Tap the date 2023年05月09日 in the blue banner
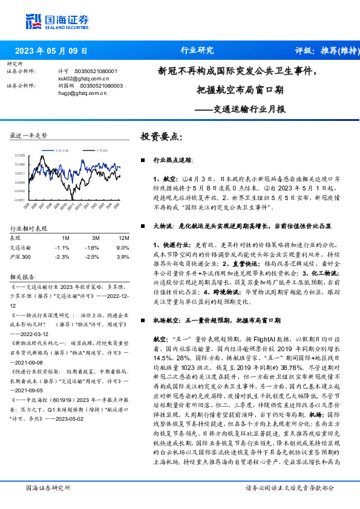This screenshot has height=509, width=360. (51, 51)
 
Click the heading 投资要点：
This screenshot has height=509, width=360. (162, 137)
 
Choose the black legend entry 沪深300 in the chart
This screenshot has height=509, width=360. (102, 149)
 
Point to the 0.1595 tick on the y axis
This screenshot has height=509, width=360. (20, 155)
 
